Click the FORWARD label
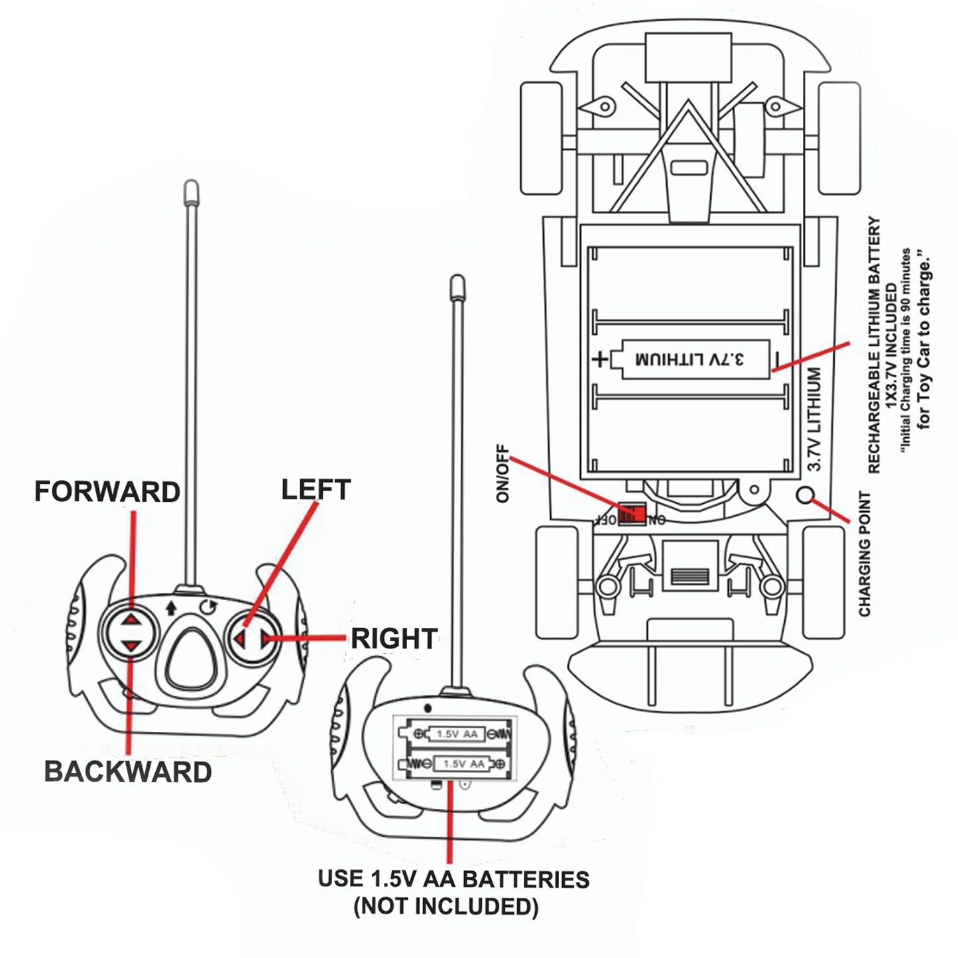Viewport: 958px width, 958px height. coord(107,492)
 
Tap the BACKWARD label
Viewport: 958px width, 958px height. coord(128,772)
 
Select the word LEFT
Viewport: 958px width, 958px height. coord(316,489)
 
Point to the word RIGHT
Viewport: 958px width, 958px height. coord(394,638)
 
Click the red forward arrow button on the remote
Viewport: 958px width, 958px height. coord(131,619)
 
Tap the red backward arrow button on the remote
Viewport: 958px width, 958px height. coord(131,645)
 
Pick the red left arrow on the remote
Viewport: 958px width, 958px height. coord(240,639)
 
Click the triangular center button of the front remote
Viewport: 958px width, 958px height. coord(191,658)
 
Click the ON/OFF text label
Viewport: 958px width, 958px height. coord(503,473)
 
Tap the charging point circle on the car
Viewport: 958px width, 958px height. coord(805,495)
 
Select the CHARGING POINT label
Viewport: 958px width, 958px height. coord(865,554)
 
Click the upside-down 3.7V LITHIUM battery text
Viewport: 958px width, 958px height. coord(689,359)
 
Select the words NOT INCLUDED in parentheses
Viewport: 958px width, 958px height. coord(446,906)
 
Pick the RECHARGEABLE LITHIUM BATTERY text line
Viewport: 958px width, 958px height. coord(874,345)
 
